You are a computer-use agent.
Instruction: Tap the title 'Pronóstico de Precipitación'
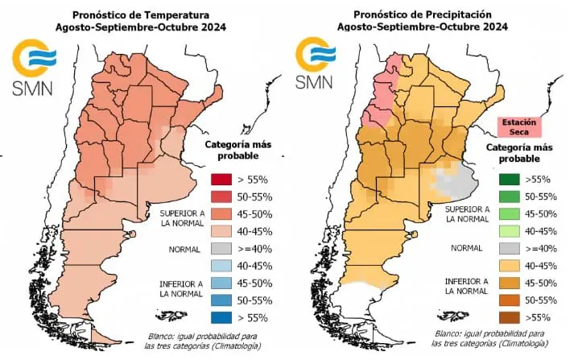(422, 14)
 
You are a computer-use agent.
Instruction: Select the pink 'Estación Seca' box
(518, 126)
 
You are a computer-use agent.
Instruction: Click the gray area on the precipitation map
(456, 181)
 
